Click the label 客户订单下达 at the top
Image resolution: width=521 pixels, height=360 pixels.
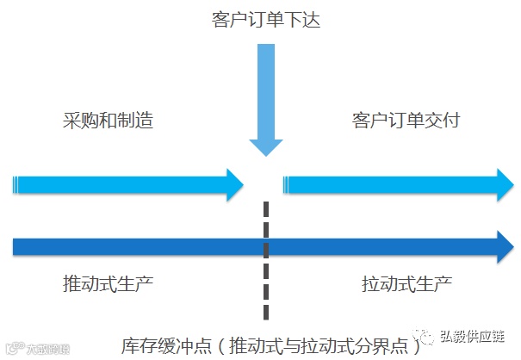[264, 19]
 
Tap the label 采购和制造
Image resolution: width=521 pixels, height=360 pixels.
[109, 121]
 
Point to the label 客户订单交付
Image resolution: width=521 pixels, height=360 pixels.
[406, 121]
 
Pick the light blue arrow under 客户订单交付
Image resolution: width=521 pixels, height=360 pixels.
[396, 184]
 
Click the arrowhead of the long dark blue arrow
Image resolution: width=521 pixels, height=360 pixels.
[500, 246]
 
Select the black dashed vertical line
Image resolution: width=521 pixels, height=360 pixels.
[265, 258]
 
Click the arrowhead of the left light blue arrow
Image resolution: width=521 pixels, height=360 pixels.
[235, 184]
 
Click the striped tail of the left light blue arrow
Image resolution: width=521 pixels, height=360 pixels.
[17, 184]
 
